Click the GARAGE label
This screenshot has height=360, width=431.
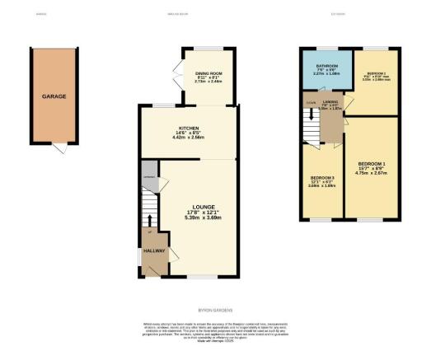tap(55, 96)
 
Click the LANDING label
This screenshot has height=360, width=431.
tap(330, 102)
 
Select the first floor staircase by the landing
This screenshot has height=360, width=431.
tap(310, 126)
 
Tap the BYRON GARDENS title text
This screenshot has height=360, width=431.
tap(215, 310)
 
